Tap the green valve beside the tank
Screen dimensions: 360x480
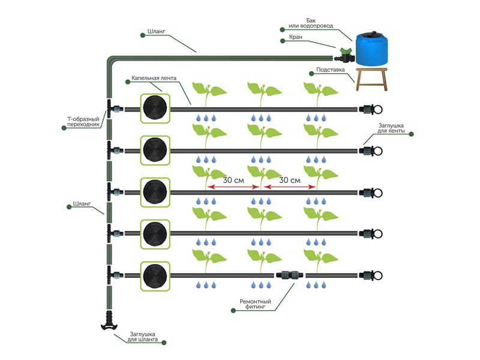[x=345, y=56]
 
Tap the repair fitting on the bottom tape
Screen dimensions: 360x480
[x=289, y=275]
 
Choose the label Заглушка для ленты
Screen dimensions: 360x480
[x=392, y=128]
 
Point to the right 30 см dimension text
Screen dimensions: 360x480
[x=290, y=179]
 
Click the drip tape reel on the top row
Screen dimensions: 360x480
[x=155, y=109]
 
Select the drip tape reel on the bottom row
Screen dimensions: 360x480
[x=155, y=275]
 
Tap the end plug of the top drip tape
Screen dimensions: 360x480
[x=373, y=109]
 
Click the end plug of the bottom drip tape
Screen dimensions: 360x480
[x=373, y=275]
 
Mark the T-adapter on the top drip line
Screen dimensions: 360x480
[x=110, y=109]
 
